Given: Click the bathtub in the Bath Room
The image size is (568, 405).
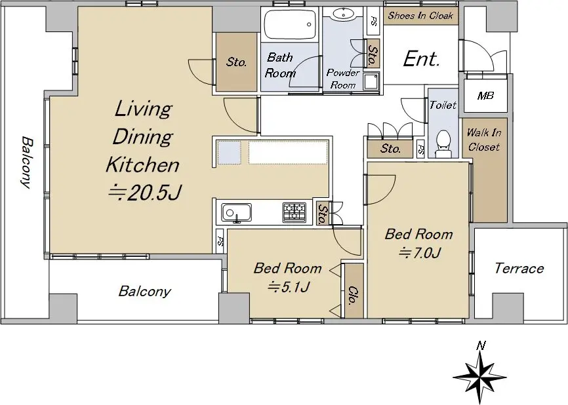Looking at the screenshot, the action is click(290, 25).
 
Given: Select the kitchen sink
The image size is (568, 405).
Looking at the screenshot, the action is click(237, 213).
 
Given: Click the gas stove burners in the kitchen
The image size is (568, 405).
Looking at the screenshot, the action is click(294, 212).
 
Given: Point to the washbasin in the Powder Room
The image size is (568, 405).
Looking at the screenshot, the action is click(342, 14).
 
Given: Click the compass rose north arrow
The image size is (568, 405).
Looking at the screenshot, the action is click(480, 374).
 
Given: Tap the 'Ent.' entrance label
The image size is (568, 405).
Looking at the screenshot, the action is click(421, 59).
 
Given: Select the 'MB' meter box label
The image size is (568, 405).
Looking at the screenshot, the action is click(485, 96).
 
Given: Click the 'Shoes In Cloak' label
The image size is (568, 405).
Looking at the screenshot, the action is click(420, 16).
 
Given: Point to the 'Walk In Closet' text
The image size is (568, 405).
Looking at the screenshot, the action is click(484, 140).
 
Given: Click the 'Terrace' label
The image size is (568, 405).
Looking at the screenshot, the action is click(519, 269).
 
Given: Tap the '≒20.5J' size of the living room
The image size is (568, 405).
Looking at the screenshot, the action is click(145, 193).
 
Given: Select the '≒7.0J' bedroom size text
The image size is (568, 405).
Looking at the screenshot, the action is click(420, 252).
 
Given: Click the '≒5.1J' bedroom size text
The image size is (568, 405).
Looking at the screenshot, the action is click(289, 287).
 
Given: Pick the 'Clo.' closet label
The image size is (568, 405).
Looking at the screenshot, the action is click(352, 296).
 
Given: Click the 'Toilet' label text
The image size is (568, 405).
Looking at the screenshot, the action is click(443, 106).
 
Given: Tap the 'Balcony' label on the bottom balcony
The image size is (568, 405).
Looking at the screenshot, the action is click(144, 292).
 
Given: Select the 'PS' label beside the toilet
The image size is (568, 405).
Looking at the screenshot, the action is click(420, 149).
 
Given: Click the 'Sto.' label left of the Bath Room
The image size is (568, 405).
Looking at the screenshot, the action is click(237, 62).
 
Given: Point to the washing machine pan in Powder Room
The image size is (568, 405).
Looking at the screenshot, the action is click(371, 82).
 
